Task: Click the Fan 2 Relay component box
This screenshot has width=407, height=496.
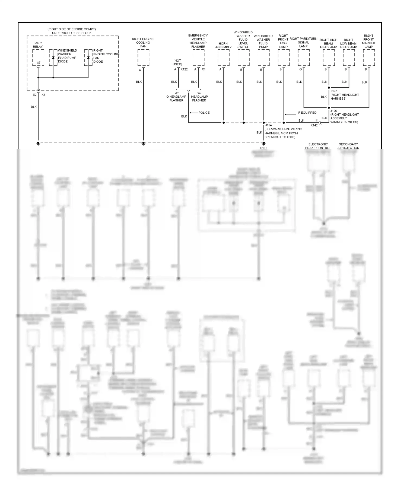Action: (38, 58)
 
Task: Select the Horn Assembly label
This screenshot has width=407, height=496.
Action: (223, 45)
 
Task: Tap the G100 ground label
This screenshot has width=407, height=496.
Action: (263, 148)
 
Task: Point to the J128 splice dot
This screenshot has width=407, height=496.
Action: (329, 88)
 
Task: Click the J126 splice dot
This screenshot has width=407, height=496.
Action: (329, 108)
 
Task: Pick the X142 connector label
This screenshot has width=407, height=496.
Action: (314, 125)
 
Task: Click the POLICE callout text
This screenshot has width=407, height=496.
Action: (204, 113)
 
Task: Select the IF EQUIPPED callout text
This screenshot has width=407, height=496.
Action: (307, 113)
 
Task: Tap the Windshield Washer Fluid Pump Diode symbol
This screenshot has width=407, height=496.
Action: (53, 58)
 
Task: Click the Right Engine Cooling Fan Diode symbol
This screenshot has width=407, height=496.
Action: (88, 58)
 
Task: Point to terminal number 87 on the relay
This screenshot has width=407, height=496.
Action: (39, 63)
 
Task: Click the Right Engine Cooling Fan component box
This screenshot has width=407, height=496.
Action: (143, 58)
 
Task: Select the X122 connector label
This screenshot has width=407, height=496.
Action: (184, 69)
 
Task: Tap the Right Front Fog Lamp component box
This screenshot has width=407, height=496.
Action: (284, 58)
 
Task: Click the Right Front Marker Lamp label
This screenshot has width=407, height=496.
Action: (368, 41)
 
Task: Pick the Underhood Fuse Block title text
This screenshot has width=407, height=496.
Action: (72, 33)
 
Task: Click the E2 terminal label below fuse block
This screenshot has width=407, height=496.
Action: (34, 95)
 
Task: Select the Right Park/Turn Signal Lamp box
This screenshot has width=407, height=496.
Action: (304, 58)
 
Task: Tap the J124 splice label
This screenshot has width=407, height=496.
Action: (268, 125)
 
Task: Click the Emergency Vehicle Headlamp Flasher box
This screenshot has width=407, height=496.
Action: (198, 58)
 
